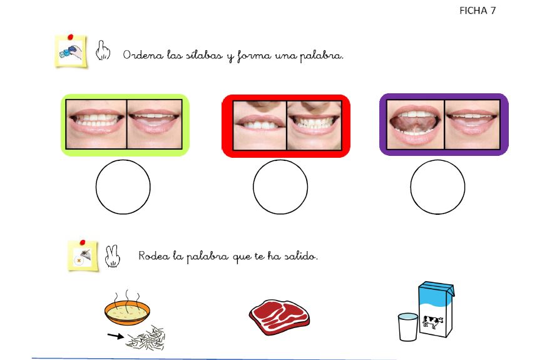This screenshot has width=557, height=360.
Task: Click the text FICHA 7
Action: [x=477, y=11]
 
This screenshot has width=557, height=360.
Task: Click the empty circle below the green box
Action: [x=123, y=187]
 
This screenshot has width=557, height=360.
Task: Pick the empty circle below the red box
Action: [x=280, y=187]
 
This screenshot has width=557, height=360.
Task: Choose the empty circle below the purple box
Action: [x=437, y=187]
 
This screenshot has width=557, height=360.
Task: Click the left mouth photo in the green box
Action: [x=96, y=124]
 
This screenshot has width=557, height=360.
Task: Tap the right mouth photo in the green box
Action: [x=155, y=124]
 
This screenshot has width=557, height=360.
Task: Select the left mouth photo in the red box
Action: [x=260, y=125]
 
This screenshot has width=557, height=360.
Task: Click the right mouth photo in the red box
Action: [x=314, y=125]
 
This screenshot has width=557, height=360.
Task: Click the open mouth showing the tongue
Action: [x=416, y=125]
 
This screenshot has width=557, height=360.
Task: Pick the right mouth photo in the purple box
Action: [x=472, y=125]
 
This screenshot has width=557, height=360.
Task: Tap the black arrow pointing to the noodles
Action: [x=116, y=336]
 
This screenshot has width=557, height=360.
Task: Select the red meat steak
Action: [x=279, y=317]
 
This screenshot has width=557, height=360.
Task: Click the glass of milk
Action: [x=408, y=327]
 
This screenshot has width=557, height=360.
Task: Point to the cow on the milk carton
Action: [x=432, y=322]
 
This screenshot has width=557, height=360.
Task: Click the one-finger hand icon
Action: [x=103, y=50]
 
